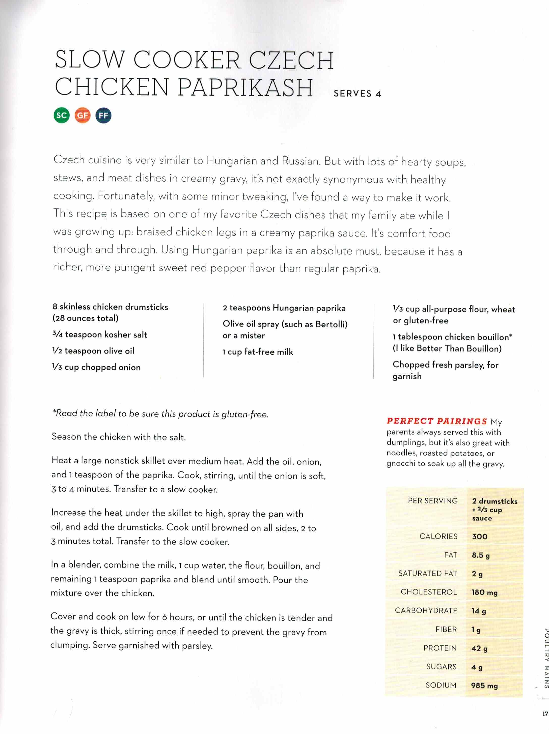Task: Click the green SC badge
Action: (61, 116)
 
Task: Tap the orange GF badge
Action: (82, 116)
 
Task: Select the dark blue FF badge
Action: (103, 116)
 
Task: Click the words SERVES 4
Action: (357, 94)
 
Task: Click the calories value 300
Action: (480, 537)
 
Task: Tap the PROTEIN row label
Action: (440, 648)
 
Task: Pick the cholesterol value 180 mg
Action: (484, 592)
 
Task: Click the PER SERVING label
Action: (432, 501)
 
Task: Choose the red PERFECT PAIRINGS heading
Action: (436, 421)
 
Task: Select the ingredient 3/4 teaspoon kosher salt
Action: (100, 334)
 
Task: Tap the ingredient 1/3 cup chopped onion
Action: (96, 367)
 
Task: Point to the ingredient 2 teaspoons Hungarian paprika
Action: (284, 308)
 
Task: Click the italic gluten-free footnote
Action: (160, 413)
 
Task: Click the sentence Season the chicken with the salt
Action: (119, 437)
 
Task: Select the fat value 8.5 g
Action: (481, 555)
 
